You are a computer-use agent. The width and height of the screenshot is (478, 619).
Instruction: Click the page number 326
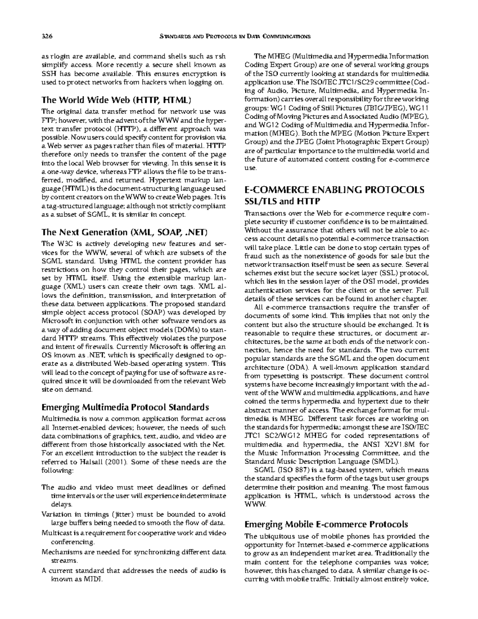(x=47, y=37)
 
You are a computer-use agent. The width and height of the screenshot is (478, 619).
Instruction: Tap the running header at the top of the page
(x=235, y=37)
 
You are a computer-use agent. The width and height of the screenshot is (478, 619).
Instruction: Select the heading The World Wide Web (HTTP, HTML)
(x=117, y=100)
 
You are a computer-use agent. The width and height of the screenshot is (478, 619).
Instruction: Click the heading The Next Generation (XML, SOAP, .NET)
(x=125, y=232)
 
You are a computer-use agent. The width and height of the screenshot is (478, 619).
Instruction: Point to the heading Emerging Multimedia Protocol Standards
(x=125, y=407)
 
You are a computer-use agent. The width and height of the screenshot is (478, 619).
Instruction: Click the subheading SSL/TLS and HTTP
(x=282, y=201)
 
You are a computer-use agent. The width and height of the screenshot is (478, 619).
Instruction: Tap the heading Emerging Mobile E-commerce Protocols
(x=326, y=524)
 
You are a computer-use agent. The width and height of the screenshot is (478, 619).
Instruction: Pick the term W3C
(x=63, y=244)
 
